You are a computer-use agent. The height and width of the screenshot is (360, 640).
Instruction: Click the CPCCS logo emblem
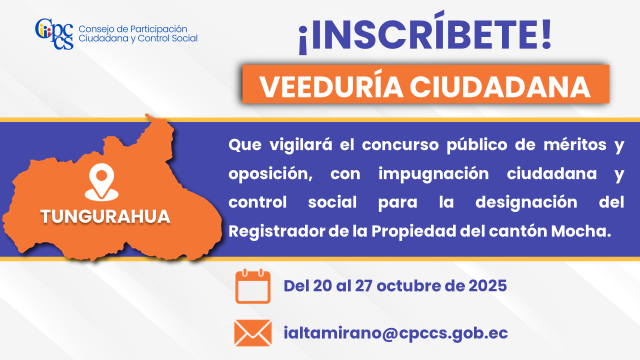tap(54, 34)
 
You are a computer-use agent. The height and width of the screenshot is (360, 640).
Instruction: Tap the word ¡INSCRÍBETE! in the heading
tap(425, 33)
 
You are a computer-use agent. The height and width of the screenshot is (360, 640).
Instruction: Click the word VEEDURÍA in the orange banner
tap(331, 87)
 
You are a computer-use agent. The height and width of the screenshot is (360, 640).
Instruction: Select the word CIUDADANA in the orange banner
tap(500, 87)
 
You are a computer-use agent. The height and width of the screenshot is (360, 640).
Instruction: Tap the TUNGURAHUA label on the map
tap(105, 216)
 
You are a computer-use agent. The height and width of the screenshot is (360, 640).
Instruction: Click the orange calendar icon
tap(253, 286)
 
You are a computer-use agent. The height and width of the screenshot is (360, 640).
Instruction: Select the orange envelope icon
tap(253, 333)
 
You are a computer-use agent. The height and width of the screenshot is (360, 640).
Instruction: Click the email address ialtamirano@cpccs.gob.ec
tap(395, 333)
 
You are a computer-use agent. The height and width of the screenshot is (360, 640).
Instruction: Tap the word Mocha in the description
tap(580, 231)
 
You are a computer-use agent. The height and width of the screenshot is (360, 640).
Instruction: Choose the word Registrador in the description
tap(276, 231)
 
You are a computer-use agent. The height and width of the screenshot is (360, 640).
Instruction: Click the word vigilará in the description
tap(301, 145)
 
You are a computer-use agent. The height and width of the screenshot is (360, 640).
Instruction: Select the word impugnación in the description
tap(433, 173)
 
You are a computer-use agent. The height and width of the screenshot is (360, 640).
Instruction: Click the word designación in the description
tap(526, 202)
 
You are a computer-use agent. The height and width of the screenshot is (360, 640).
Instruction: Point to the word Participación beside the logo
tap(158, 29)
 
